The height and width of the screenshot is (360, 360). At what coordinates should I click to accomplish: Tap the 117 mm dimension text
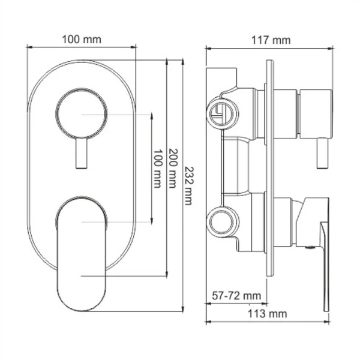269,40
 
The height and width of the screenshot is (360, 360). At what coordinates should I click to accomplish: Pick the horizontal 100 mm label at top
82,40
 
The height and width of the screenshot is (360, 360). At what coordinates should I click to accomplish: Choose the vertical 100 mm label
157,169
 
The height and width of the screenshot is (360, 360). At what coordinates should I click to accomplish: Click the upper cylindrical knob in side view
316,113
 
